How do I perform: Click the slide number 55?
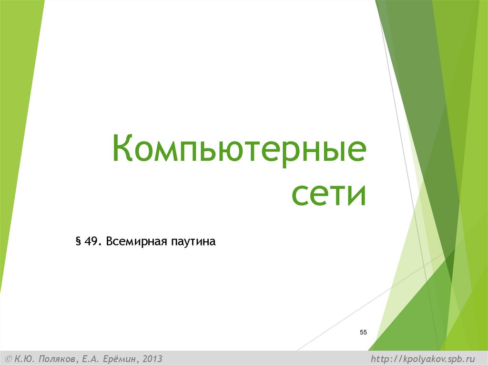point(363,332)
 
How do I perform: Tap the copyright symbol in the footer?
point(8,358)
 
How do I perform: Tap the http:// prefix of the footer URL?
point(386,358)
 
